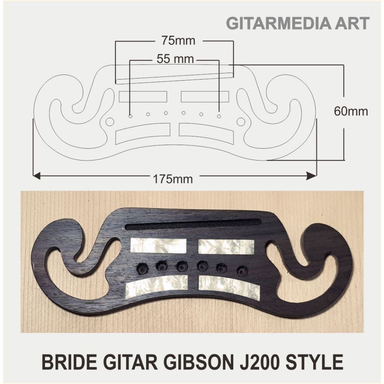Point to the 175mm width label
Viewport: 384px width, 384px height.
pos(173,179)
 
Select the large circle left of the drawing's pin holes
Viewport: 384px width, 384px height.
pos(110,122)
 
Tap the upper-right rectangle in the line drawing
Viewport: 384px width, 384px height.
pos(205,96)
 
